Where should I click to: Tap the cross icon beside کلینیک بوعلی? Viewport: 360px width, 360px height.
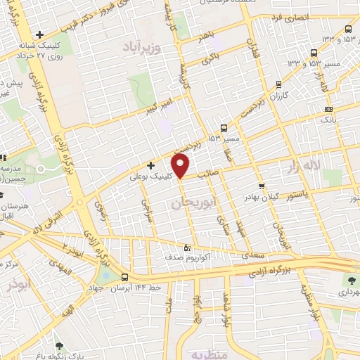[150, 165]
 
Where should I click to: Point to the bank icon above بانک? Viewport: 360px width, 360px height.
[328, 109]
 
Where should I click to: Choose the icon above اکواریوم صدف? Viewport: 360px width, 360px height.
[186, 247]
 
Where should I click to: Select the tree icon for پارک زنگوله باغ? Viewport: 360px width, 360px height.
[58, 346]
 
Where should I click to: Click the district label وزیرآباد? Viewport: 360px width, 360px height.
[143, 47]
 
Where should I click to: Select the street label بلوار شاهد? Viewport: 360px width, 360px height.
[225, 308]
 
